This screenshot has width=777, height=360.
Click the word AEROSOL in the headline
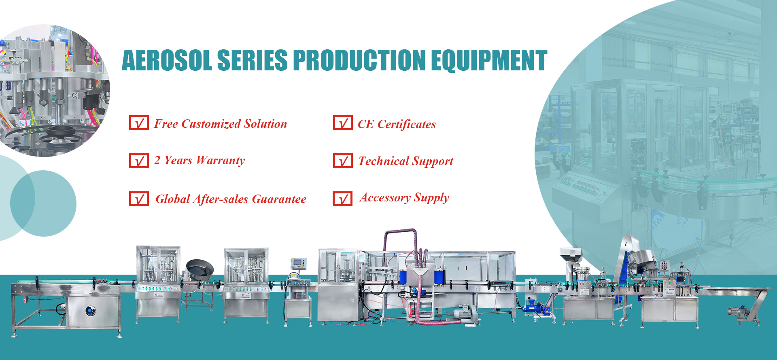click(x=167, y=60)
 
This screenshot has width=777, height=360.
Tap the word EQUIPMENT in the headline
click(x=489, y=60)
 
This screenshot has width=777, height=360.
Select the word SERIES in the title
click(x=252, y=60)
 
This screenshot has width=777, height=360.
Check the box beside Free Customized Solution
click(x=139, y=123)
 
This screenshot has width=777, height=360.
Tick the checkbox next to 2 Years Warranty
click(x=139, y=161)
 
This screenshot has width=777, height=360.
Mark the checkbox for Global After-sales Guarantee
click(x=139, y=199)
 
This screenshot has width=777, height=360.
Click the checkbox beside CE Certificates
click(x=343, y=123)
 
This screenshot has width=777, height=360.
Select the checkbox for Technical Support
click(x=343, y=161)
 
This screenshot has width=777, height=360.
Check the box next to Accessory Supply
click(x=342, y=199)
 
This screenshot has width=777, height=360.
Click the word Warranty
click(x=221, y=161)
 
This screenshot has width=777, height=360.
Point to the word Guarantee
click(x=279, y=199)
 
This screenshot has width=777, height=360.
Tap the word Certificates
click(x=407, y=124)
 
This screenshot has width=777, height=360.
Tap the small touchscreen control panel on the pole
click(x=298, y=263)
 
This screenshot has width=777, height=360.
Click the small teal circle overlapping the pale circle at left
click(x=43, y=203)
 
